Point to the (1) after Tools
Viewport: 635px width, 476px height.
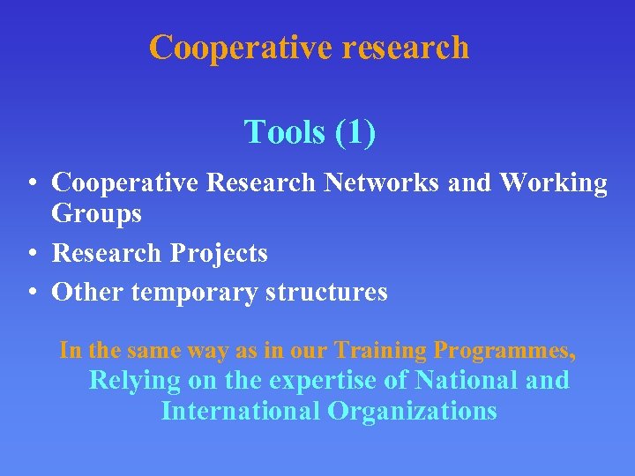(355, 132)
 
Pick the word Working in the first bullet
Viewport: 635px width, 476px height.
(553, 182)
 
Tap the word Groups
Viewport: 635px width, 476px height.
(96, 214)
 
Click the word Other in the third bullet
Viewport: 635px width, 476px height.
(87, 292)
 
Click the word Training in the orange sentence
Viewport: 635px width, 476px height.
(380, 350)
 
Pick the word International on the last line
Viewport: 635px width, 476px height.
(240, 411)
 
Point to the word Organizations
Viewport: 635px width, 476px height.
(412, 411)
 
